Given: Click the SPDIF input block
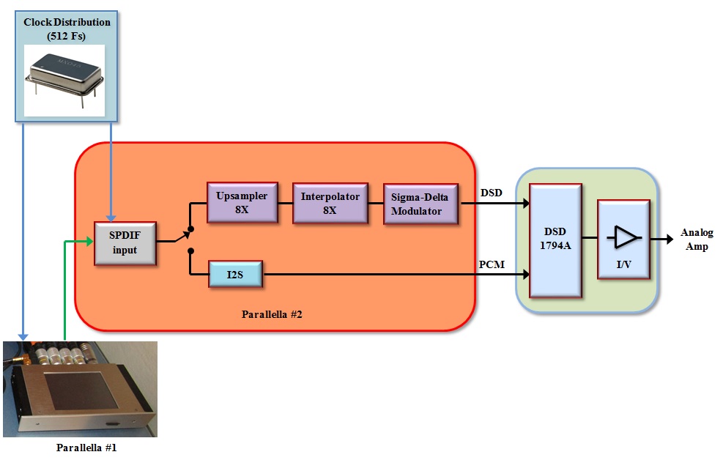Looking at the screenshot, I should tap(125, 242).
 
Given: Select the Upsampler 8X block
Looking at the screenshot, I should tap(242, 202).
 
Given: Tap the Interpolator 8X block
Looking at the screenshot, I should tap(329, 202).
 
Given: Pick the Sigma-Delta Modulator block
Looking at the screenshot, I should tap(420, 204).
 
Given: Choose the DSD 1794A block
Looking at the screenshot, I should tap(555, 240).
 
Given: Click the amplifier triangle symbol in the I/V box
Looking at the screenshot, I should tap(624, 237).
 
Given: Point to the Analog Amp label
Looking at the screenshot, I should tap(696, 240).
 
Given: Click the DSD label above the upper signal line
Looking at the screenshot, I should tap(492, 193).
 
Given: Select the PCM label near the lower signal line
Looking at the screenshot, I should tap(492, 264).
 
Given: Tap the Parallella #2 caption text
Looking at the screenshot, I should tap(272, 314).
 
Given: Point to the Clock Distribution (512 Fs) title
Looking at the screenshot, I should tap(67, 28).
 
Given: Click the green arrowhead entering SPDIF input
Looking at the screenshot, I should tap(89, 241).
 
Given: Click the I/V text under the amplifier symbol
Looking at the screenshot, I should tap(623, 264).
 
